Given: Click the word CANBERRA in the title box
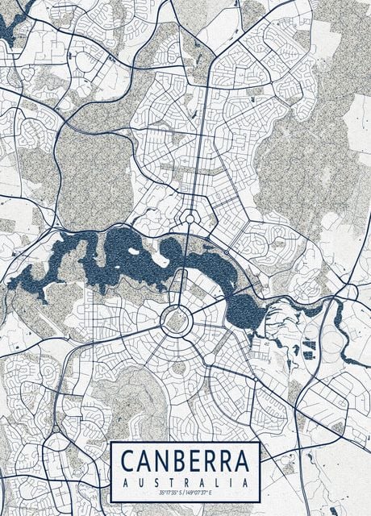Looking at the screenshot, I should (x=185, y=462).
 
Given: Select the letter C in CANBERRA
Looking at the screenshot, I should (x=128, y=462).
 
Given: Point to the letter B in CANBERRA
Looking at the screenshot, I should (x=178, y=462).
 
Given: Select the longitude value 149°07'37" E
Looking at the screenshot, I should (x=201, y=492).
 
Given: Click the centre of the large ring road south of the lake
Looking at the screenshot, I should (x=175, y=320).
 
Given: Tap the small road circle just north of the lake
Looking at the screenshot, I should (x=190, y=216).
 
